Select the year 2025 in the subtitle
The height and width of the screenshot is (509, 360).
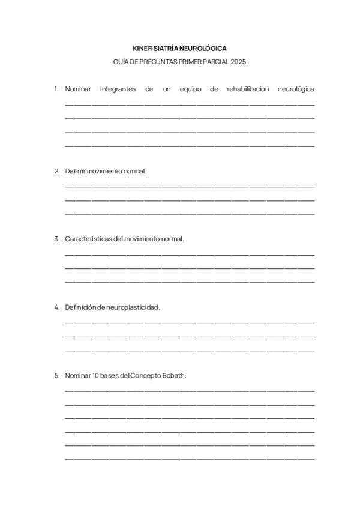click(238, 62)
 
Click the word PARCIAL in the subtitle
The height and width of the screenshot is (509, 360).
click(215, 62)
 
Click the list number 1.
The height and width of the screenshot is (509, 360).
click(56, 89)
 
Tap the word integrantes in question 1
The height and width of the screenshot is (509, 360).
click(118, 89)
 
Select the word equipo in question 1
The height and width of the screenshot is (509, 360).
click(190, 89)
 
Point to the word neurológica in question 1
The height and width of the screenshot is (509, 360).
click(297, 89)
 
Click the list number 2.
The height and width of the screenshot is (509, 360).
click(56, 171)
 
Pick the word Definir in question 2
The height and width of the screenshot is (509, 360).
click(75, 171)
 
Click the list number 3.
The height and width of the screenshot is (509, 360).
click(56, 239)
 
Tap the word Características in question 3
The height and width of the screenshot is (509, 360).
click(88, 239)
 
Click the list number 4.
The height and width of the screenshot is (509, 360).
click(56, 307)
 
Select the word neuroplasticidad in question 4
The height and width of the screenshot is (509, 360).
click(133, 307)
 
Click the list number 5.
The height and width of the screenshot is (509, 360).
click(56, 376)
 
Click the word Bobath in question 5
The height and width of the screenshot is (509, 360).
click(175, 376)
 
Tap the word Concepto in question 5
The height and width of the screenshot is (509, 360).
click(147, 376)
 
